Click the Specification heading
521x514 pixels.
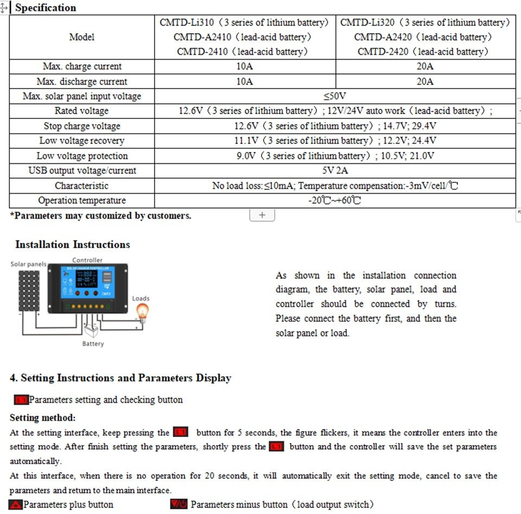[x=46, y=8]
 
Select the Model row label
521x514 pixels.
[x=81, y=37]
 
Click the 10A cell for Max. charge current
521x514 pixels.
[x=245, y=66]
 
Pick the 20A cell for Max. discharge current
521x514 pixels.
[x=425, y=81]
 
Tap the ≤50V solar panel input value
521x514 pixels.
[x=335, y=96]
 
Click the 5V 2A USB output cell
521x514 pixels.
[x=335, y=170]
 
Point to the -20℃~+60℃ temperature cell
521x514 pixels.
[x=335, y=200]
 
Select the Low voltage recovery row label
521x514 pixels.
[x=81, y=141]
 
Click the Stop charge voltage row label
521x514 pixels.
[x=81, y=126]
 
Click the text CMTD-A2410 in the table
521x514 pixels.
[x=202, y=37]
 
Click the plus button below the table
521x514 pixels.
[x=262, y=215]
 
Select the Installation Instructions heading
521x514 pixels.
[x=73, y=244]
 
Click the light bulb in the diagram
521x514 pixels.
[x=142, y=312]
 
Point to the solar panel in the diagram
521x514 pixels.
[x=29, y=290]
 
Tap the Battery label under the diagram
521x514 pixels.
[x=93, y=344]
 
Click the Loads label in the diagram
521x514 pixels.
[x=141, y=299]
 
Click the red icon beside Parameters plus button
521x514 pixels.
[x=16, y=505]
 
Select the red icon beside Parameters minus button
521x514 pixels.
[x=179, y=505]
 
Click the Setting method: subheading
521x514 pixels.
[x=43, y=418]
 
